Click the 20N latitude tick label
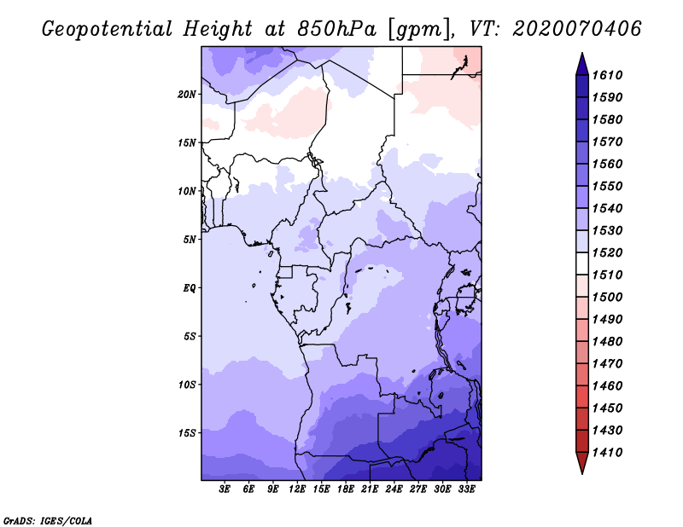tap(187, 95)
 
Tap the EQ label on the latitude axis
tap(190, 288)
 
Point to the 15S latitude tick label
tap(187, 433)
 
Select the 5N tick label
tap(190, 240)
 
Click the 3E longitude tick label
tap(225, 489)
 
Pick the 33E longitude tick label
tap(466, 489)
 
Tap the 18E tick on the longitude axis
tap(346, 489)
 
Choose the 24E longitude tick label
tap(394, 489)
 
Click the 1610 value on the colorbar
tap(607, 75)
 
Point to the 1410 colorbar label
tap(607, 453)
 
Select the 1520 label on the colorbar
tap(607, 252)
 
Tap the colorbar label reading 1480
tap(607, 342)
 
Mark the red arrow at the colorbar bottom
tap(582, 461)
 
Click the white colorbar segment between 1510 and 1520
tap(582, 263)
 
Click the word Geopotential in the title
tap(108, 29)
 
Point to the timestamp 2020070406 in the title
tap(577, 29)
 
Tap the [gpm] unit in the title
tap(418, 30)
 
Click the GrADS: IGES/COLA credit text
tap(48, 521)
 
